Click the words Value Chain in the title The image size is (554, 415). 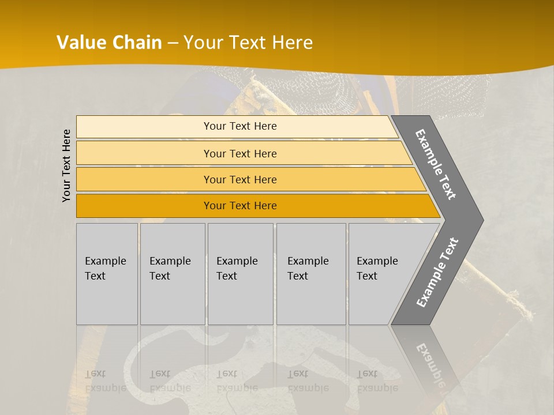pos(109,43)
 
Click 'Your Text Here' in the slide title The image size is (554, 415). pos(249,43)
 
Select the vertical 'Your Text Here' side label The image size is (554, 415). pos(67,165)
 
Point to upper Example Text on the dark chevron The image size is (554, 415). pos(436,164)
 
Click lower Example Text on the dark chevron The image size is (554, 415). pos(437,272)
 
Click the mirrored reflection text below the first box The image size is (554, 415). pos(105,380)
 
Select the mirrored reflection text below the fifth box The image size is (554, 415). pos(377,380)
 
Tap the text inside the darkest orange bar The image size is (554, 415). pos(240,206)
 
